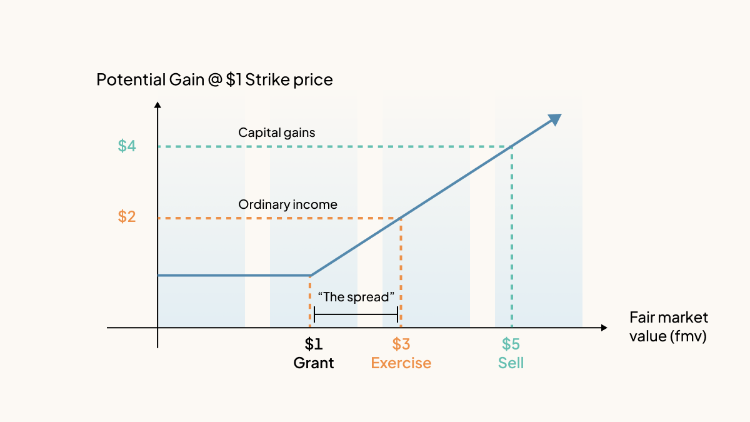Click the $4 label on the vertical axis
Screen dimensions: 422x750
pyautogui.click(x=127, y=146)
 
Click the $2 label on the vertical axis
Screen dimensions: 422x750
pyautogui.click(x=127, y=217)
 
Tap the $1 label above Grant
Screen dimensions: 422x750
pyautogui.click(x=314, y=344)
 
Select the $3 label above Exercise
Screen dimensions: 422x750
pyautogui.click(x=401, y=344)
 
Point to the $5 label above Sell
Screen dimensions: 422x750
pyautogui.click(x=511, y=344)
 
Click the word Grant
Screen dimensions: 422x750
pyautogui.click(x=314, y=363)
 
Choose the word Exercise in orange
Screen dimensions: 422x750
pyautogui.click(x=401, y=363)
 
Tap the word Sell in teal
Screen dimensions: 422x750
pyautogui.click(x=511, y=363)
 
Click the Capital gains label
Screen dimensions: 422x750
pyautogui.click(x=277, y=133)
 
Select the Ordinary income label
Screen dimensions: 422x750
pyautogui.click(x=287, y=204)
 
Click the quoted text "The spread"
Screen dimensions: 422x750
pyautogui.click(x=356, y=297)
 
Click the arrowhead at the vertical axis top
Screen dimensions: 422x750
pyautogui.click(x=157, y=104)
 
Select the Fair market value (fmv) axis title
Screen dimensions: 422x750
pyautogui.click(x=668, y=326)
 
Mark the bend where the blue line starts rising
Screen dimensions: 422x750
pyautogui.click(x=310, y=275)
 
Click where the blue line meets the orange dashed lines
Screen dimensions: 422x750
pyautogui.click(x=400, y=218)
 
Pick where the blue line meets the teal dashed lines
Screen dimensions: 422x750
pyautogui.click(x=512, y=146)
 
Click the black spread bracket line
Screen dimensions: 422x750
pyautogui.click(x=356, y=314)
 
